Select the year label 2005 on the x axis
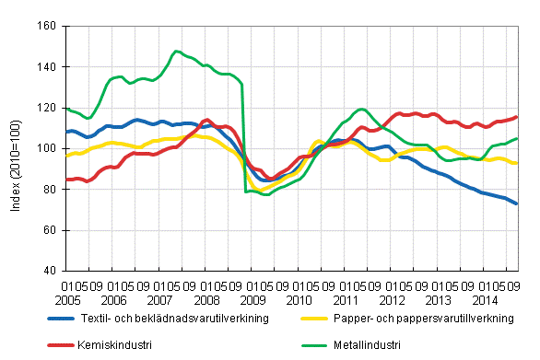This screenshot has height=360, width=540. click(65, 300)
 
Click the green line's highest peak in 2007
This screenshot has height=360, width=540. click(176, 51)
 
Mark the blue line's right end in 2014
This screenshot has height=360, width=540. click(517, 203)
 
